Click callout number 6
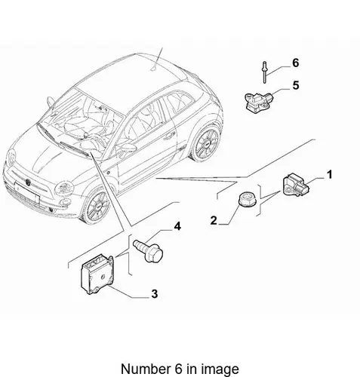pyautogui.click(x=296, y=63)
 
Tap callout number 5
pyautogui.click(x=296, y=85)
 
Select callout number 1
pyautogui.click(x=329, y=175)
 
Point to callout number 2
pyautogui.click(x=214, y=220)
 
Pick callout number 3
pyautogui.click(x=155, y=293)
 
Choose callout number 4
pyautogui.click(x=177, y=226)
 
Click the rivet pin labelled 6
pyautogui.click(x=264, y=72)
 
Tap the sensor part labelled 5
pyautogui.click(x=260, y=101)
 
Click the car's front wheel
pyautogui.click(x=97, y=207)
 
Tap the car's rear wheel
pyautogui.click(x=205, y=144)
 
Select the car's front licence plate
pyautogui.click(x=27, y=192)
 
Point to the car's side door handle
pyautogui.click(x=170, y=136)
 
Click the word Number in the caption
pyautogui.click(x=145, y=369)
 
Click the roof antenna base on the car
pyautogui.click(x=154, y=69)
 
